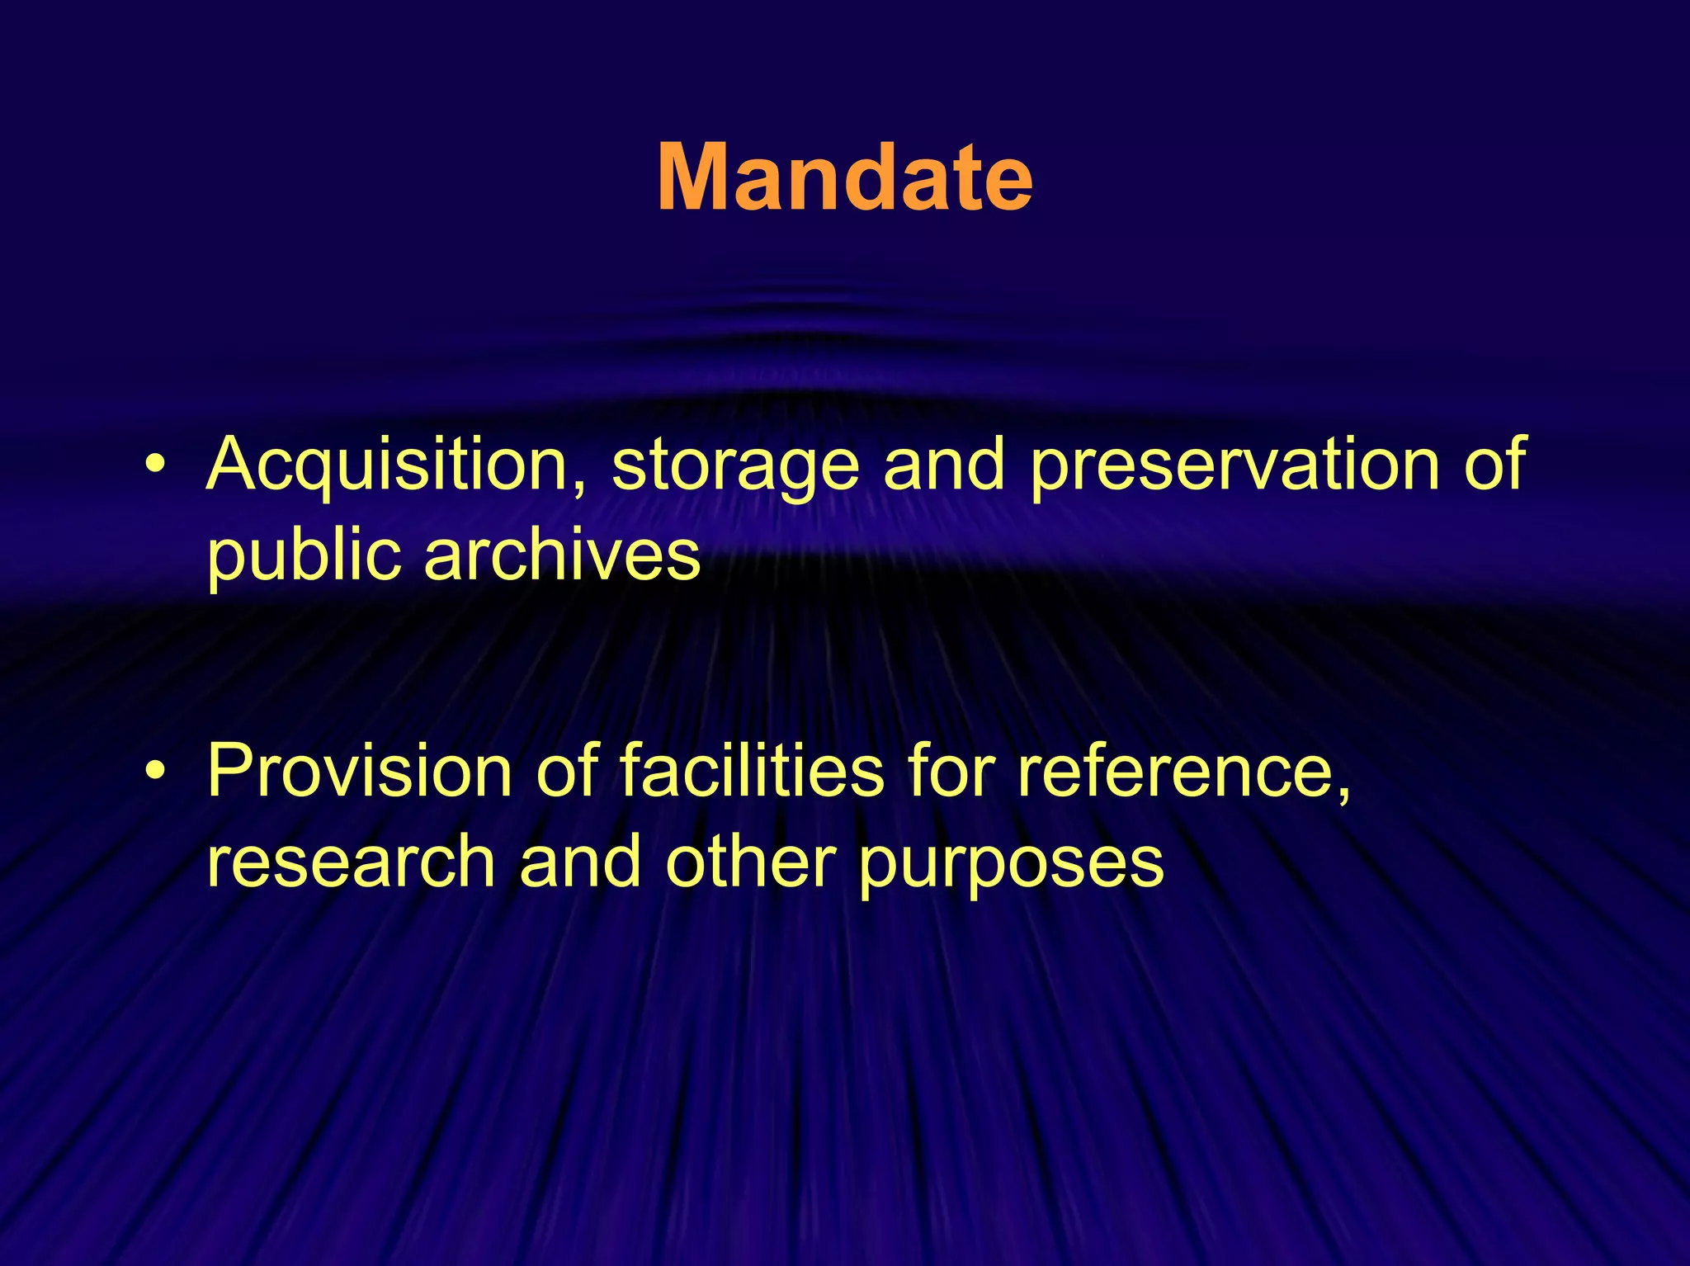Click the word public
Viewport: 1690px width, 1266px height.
point(304,556)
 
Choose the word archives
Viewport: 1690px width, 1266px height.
point(562,555)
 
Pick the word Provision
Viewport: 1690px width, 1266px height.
point(360,771)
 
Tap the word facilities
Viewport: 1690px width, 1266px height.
point(752,771)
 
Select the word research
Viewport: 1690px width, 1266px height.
point(351,862)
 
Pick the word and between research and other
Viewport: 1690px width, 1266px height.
point(579,862)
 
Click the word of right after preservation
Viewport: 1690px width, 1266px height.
point(1494,465)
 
